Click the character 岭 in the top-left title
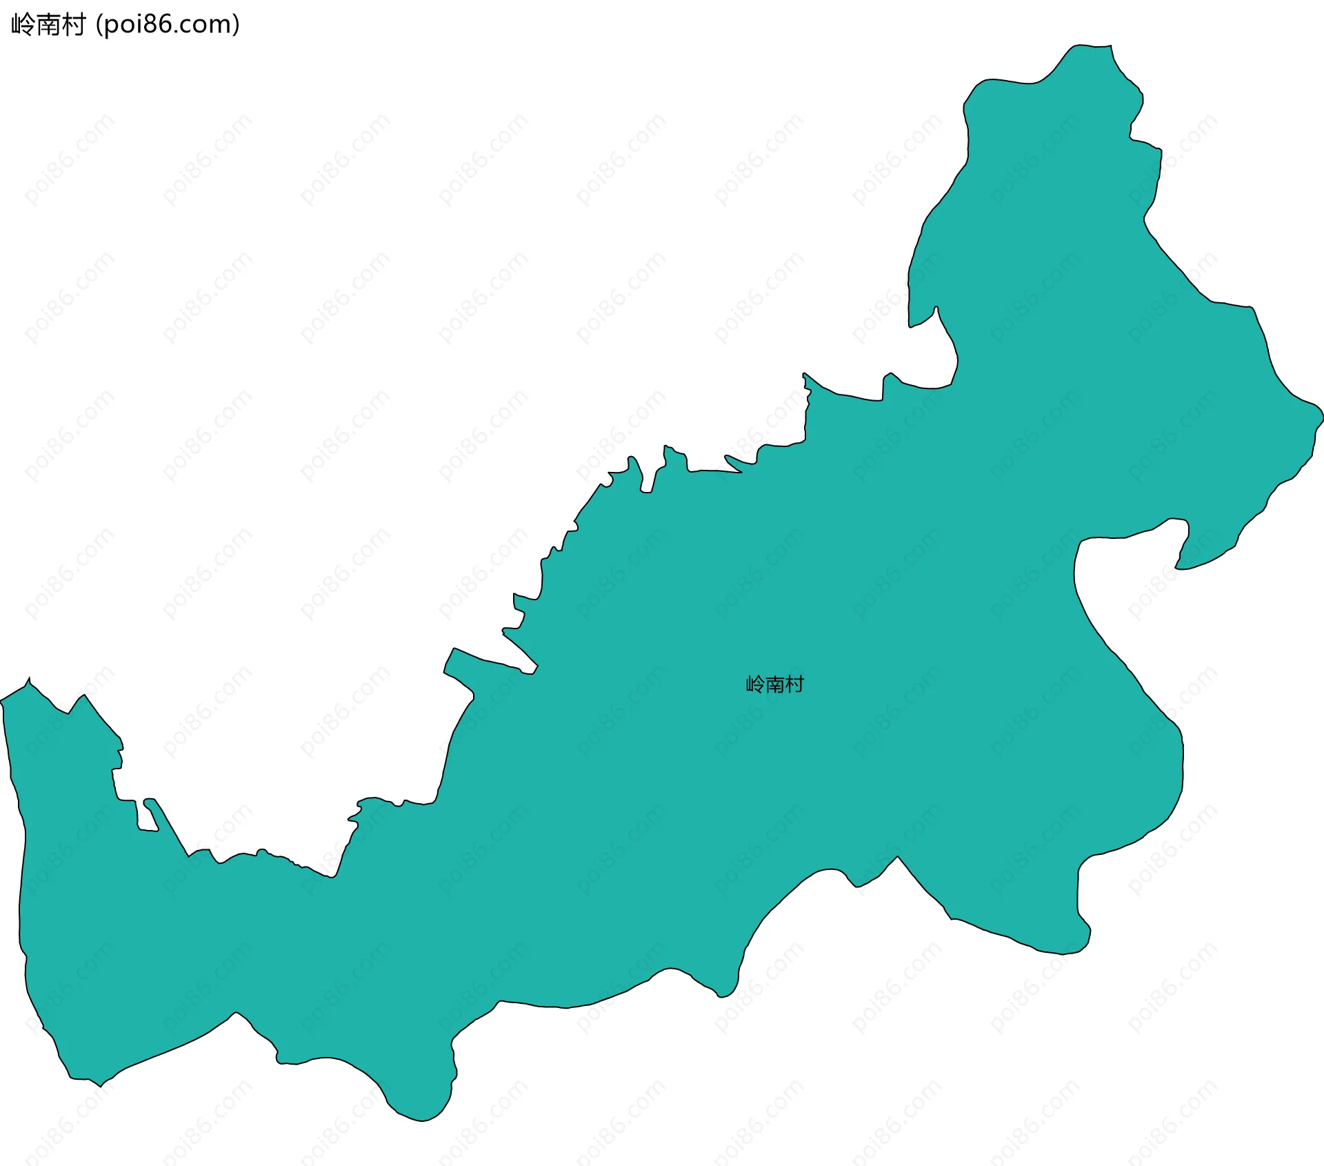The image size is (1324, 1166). click(23, 26)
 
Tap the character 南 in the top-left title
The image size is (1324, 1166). click(48, 26)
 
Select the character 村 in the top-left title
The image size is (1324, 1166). click(73, 26)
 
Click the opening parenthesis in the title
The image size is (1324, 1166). click(99, 26)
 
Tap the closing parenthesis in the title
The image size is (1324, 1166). click(237, 26)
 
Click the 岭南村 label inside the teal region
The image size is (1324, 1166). click(775, 684)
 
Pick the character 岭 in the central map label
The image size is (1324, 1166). click(756, 684)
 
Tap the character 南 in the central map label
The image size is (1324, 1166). click(775, 684)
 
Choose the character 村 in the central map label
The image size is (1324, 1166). click(794, 684)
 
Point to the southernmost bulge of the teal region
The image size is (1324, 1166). click(422, 1119)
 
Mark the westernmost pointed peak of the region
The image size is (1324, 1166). click(28, 680)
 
